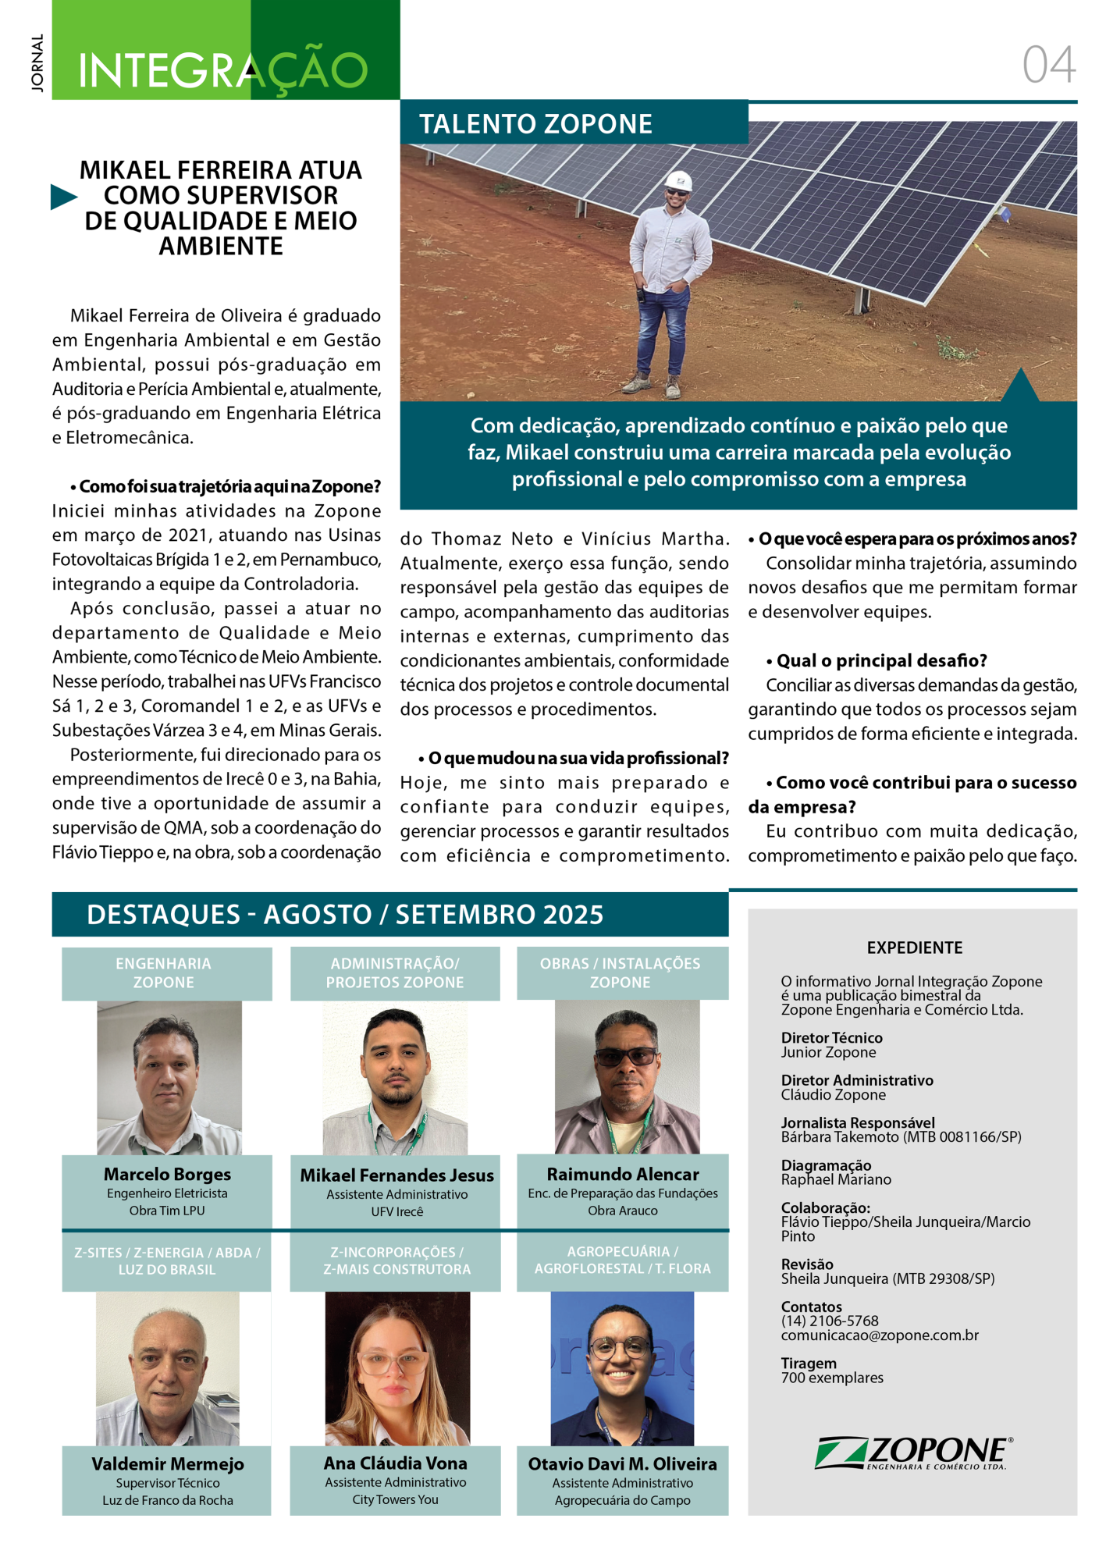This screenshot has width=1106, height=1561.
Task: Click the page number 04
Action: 1048,64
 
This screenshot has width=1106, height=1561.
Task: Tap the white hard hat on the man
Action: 678,180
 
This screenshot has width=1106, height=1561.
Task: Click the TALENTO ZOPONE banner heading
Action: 535,124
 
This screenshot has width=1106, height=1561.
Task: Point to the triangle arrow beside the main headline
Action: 63,197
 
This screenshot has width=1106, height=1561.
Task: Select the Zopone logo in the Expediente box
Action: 913,1453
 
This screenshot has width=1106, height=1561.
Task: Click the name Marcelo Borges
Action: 167,1174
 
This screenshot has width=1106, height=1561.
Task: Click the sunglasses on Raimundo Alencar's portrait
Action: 626,1057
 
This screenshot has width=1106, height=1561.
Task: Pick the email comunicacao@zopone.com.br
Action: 880,1335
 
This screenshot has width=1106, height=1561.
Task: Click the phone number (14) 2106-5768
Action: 830,1321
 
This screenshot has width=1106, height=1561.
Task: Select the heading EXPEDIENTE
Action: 914,948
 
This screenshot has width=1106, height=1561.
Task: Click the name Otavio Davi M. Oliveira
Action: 622,1464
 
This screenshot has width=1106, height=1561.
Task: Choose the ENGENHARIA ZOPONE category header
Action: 164,973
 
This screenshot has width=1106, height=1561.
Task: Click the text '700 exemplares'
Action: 832,1378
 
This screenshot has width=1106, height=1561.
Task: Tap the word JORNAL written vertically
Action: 37,63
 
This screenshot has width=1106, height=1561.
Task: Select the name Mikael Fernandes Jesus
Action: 397,1175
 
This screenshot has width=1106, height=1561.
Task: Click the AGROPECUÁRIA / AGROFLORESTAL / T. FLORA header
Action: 622,1260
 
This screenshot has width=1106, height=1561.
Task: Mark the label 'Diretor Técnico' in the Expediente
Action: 831,1038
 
